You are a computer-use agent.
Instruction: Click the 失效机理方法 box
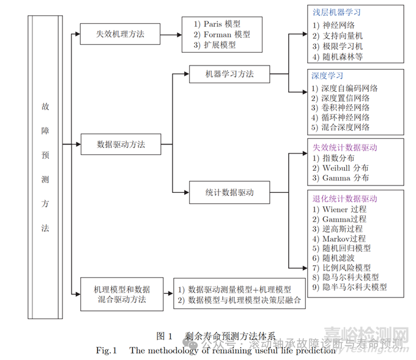pos(121,34)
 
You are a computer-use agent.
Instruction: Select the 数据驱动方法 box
pos(121,145)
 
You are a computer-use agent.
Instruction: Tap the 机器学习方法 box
pos(229,75)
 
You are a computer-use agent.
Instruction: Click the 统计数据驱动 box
pos(229,192)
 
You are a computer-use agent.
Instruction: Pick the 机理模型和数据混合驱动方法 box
pos(121,294)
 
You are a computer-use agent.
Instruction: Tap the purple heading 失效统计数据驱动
pos(345,148)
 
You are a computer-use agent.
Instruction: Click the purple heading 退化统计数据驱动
pos(345,199)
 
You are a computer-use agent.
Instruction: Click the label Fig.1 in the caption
pos(106,350)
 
